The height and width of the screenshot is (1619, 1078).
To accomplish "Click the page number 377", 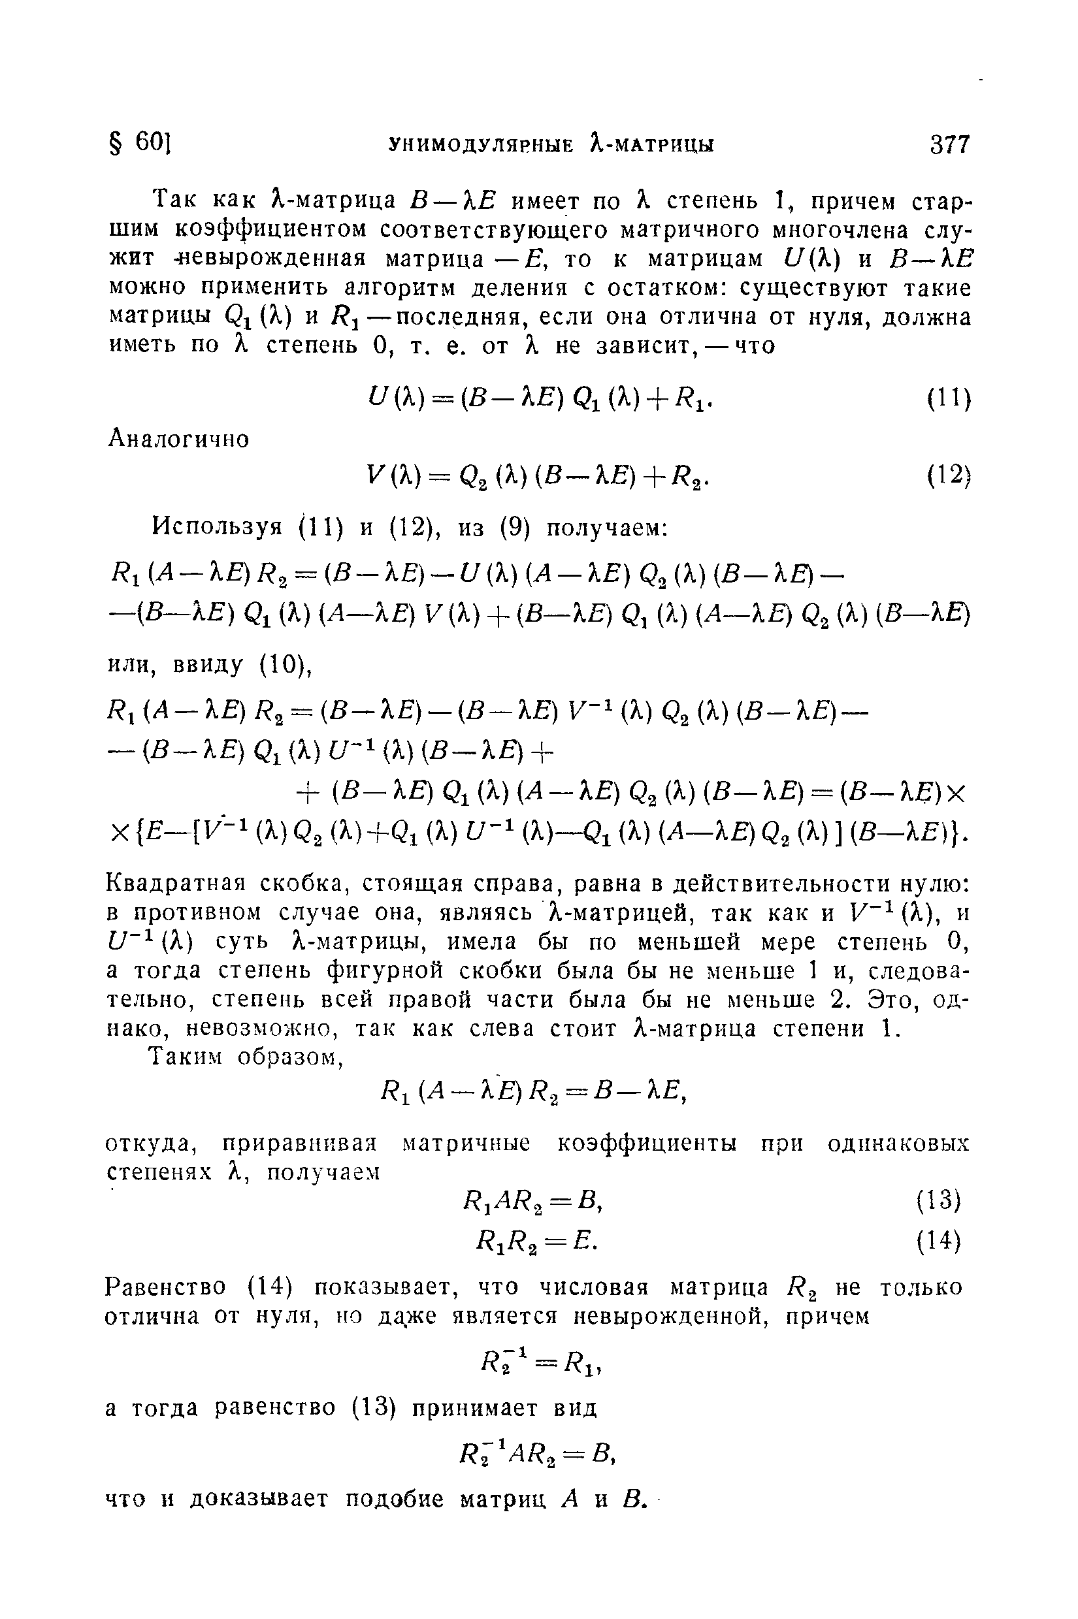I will pyautogui.click(x=949, y=145).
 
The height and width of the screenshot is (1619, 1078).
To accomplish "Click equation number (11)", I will pyautogui.click(x=948, y=399).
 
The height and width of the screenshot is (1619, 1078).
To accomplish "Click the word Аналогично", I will pyautogui.click(x=180, y=438).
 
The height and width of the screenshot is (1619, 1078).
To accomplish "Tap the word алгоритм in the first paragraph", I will pyautogui.click(x=406, y=287).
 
